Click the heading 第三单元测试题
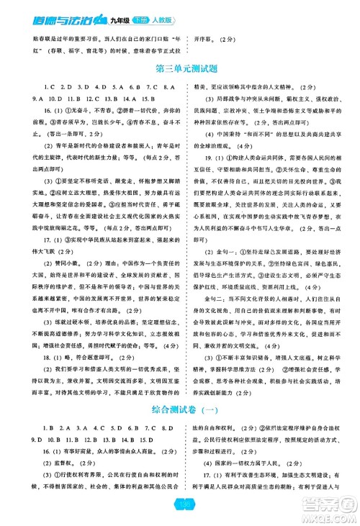pos(179,69)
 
